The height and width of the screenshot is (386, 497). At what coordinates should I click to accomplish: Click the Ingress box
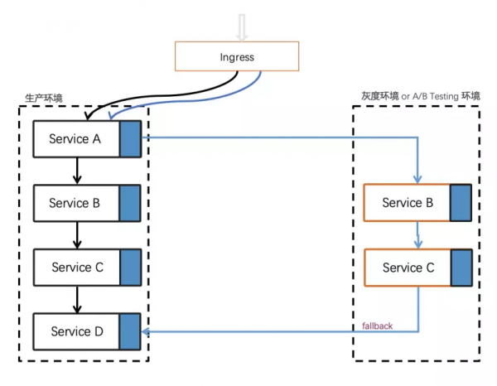(x=237, y=56)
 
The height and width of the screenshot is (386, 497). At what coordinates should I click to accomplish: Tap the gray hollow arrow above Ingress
(x=242, y=27)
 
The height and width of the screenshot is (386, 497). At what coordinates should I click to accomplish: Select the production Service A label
(x=75, y=139)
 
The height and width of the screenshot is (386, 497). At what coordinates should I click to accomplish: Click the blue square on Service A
(x=130, y=139)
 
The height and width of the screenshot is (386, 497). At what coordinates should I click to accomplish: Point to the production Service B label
(x=75, y=203)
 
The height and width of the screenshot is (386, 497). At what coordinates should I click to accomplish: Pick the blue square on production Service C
(x=131, y=268)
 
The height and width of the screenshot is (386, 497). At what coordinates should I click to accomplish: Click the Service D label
(x=77, y=331)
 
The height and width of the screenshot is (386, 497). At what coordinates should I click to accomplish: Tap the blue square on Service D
(x=130, y=332)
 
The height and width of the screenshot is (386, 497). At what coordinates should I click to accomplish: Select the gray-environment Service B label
(x=408, y=202)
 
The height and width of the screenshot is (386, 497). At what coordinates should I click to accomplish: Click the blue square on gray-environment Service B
(x=461, y=203)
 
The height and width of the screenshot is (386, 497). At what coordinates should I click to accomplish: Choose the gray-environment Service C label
(x=408, y=268)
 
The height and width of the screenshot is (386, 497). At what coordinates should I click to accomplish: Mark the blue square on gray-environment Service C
(x=461, y=268)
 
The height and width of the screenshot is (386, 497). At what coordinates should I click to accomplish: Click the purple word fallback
(x=377, y=326)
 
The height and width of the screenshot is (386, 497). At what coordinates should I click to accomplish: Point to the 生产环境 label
(x=44, y=99)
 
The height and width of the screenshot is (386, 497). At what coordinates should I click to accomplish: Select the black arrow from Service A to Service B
(x=77, y=171)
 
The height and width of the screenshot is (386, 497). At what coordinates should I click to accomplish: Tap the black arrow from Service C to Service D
(x=77, y=300)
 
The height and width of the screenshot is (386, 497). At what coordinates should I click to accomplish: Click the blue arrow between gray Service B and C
(x=417, y=235)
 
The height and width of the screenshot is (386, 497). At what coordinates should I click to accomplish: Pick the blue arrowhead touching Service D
(x=146, y=332)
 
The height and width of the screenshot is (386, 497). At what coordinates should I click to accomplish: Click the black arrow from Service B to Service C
(x=77, y=235)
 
